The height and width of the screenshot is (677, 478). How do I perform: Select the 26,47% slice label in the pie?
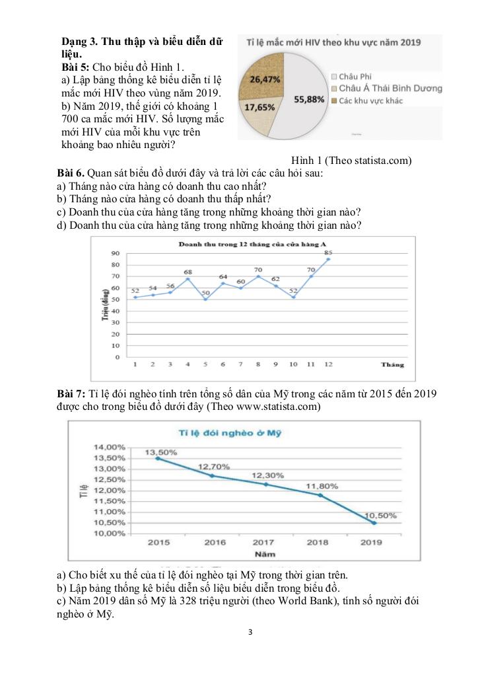(x=265, y=79)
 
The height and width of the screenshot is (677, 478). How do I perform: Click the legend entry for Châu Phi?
(x=355, y=77)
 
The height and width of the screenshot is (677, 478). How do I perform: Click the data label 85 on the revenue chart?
(x=328, y=252)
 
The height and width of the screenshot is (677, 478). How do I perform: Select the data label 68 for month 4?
(x=188, y=272)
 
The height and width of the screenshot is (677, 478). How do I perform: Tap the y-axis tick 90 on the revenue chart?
(x=115, y=253)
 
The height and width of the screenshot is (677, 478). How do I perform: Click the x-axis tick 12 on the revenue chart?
(x=328, y=364)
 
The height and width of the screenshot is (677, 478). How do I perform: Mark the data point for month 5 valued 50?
(x=205, y=299)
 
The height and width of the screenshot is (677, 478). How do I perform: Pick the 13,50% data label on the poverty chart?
(x=160, y=452)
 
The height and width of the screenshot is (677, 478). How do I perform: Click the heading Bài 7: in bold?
(x=71, y=394)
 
